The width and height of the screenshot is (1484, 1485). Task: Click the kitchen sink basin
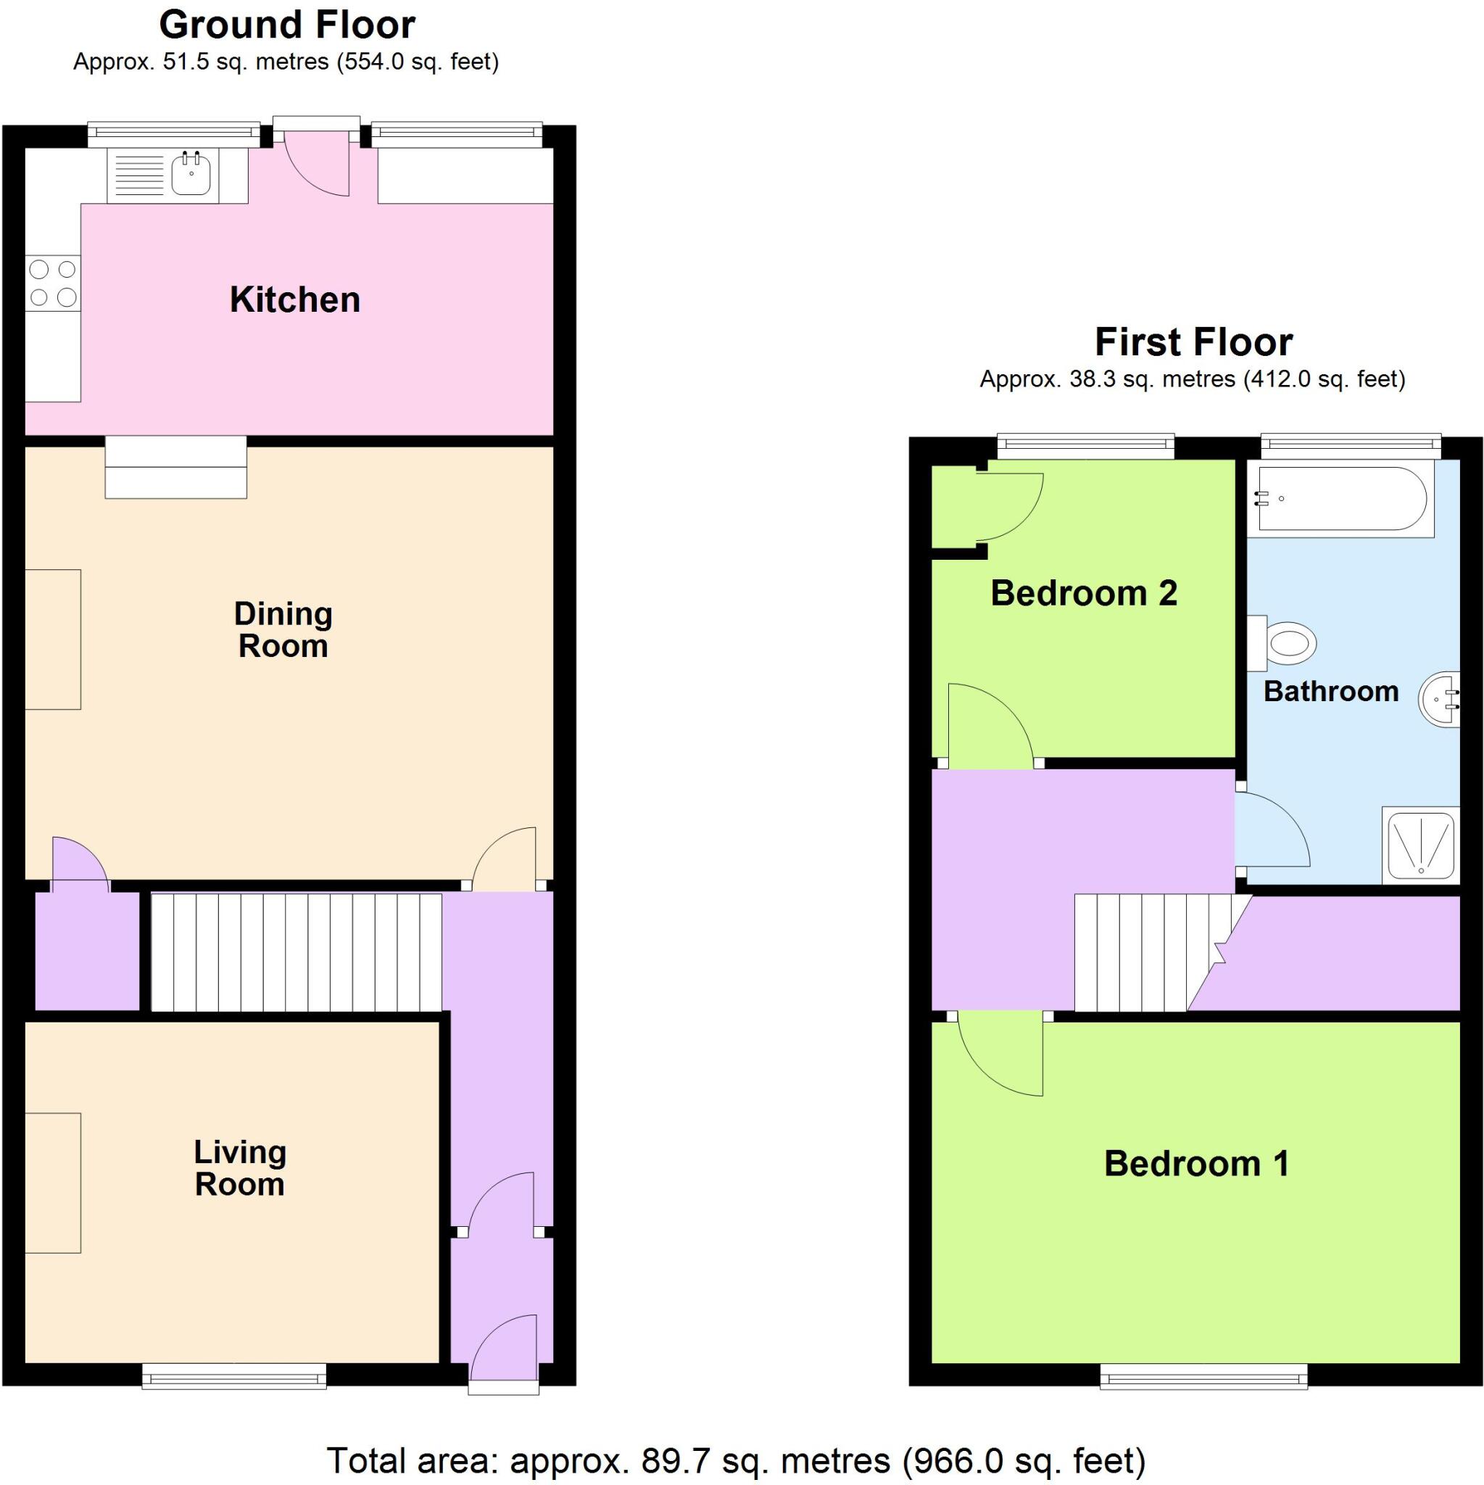(191, 175)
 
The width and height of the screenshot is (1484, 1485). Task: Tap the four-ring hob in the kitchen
(53, 283)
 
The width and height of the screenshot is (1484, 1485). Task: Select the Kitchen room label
(295, 299)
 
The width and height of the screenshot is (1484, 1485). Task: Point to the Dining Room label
(283, 629)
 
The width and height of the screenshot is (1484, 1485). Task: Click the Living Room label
(241, 1167)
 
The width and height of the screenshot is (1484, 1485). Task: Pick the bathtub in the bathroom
(1340, 499)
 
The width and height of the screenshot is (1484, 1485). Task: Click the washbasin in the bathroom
(1441, 699)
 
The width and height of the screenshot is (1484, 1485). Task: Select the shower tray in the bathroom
(1420, 844)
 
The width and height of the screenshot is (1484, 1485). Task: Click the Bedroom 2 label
(1084, 593)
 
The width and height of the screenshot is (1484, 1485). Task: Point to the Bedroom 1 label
(1195, 1164)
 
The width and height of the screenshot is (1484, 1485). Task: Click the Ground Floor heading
(286, 25)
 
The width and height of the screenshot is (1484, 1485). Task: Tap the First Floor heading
(1193, 342)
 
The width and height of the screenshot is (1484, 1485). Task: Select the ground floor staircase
(297, 951)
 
